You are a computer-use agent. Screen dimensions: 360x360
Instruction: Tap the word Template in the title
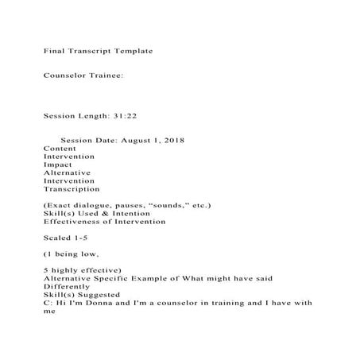pyautogui.click(x=130, y=51)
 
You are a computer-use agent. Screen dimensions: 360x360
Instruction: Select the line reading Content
pyautogui.click(x=60, y=149)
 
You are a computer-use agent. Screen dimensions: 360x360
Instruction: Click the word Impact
pyautogui.click(x=58, y=165)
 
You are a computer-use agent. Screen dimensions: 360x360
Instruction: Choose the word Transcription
pyautogui.click(x=72, y=189)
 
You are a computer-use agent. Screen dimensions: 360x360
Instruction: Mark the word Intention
pyautogui.click(x=129, y=213)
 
